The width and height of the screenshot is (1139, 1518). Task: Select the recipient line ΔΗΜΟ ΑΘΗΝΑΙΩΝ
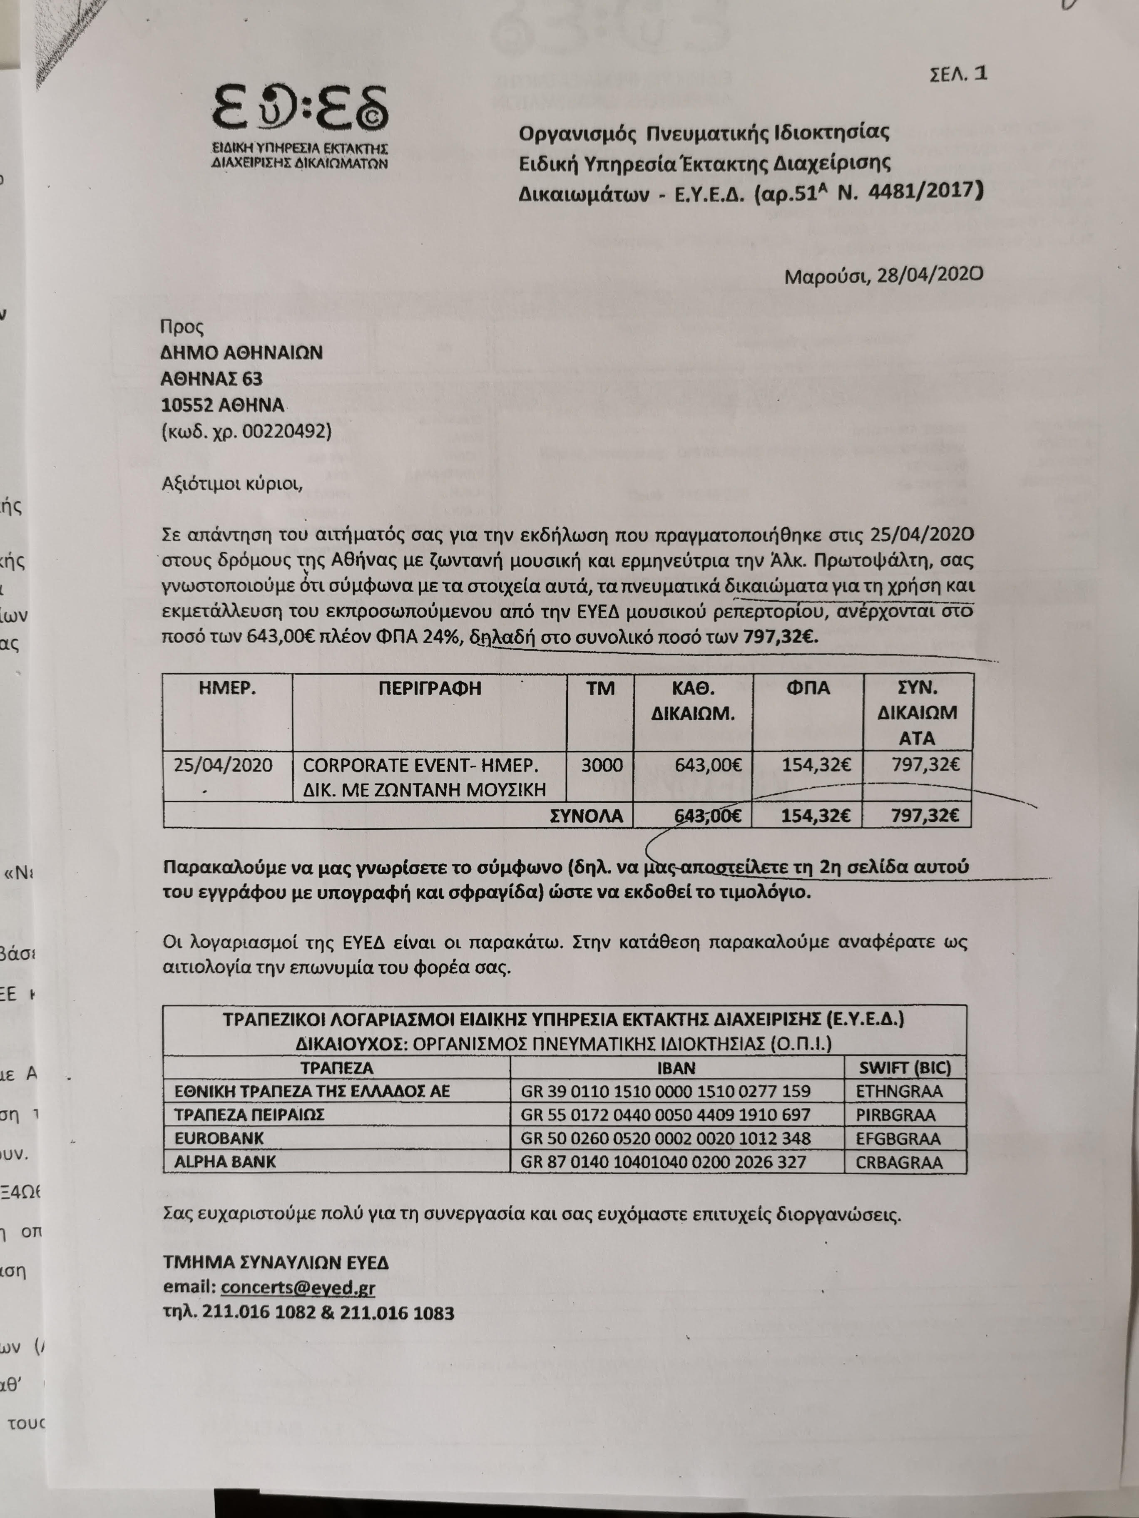click(242, 353)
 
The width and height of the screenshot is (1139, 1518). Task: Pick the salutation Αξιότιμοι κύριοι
click(232, 484)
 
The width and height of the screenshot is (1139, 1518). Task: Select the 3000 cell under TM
click(602, 764)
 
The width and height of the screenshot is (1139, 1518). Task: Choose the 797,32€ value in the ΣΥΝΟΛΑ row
click(925, 816)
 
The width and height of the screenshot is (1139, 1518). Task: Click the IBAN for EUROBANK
click(665, 1138)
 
